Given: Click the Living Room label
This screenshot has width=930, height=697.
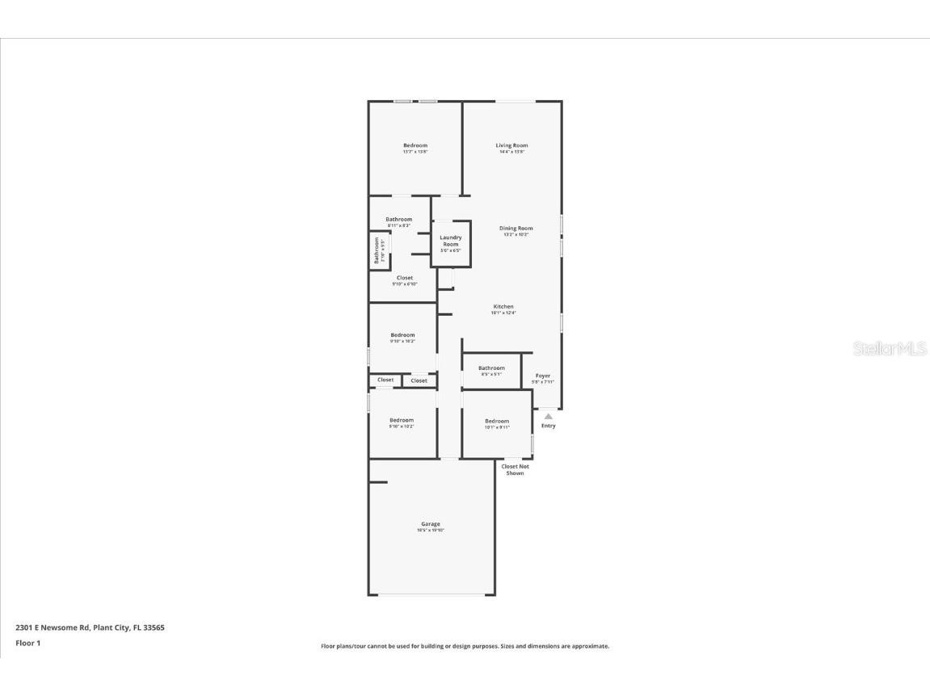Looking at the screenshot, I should pos(511,145).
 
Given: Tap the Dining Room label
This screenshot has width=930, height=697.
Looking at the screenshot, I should pos(515,229).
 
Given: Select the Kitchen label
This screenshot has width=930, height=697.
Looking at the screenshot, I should pos(503,307).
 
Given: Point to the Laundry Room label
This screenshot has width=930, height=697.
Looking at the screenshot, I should pos(451,241).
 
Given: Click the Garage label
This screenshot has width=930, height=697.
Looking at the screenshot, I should pos(431,524).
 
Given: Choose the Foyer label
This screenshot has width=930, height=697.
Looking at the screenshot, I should pos(543,376).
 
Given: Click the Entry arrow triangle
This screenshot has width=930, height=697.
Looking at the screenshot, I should pos(548,416).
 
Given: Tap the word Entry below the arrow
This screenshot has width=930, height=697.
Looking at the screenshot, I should pos(548,426).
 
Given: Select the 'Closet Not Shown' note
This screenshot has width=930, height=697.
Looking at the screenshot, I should pos(515,469).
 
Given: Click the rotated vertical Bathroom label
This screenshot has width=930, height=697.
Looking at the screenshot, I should pos(377,250).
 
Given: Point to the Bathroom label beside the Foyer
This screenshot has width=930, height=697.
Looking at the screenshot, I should pos(491,368).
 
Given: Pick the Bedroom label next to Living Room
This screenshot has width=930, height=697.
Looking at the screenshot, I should pos(415,145).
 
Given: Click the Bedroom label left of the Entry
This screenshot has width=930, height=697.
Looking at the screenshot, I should pos(497,421).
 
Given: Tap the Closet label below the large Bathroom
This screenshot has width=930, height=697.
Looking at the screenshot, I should pos(404,278).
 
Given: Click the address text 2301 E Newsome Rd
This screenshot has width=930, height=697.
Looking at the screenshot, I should pos(90,627).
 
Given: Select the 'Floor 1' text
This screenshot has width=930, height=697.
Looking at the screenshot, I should pos(27,643).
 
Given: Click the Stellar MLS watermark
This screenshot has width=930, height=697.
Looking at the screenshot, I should pos(890,349).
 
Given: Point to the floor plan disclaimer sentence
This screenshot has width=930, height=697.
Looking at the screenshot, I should pos(465,646).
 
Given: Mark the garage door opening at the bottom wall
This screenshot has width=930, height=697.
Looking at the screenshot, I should pos(437,595).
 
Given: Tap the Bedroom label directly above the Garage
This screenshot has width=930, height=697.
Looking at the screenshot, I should pos(402,420).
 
